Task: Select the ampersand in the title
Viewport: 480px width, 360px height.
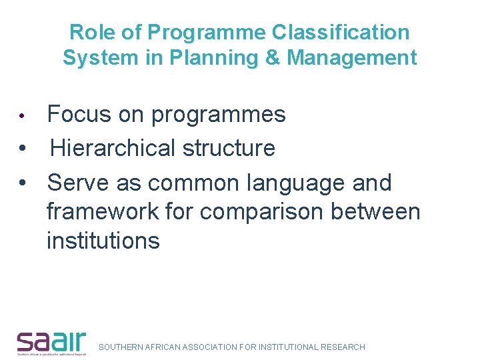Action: tap(272, 58)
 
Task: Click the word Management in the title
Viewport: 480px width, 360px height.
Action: tap(352, 58)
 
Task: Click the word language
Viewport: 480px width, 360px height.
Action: tap(301, 183)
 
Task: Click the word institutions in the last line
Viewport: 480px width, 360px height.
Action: tap(103, 241)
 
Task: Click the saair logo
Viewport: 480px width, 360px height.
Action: tap(51, 343)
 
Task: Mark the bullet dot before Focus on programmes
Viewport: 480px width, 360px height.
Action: tap(22, 116)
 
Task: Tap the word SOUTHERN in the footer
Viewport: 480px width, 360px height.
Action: tap(119, 347)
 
